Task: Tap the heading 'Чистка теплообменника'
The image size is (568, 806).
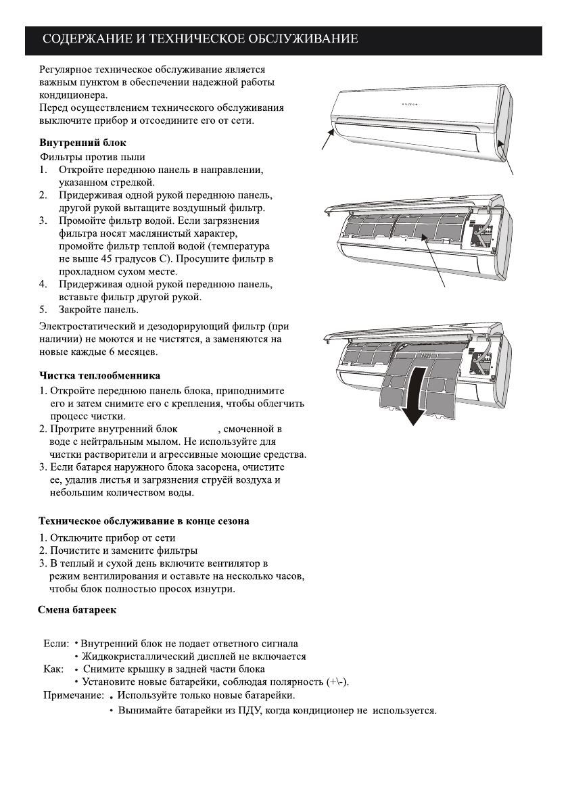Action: [x=98, y=375]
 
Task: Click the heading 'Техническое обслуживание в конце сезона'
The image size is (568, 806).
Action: [x=143, y=521]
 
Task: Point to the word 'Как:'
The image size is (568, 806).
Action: [x=53, y=669]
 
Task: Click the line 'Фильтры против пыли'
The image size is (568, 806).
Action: [x=82, y=156]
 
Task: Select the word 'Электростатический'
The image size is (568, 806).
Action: [x=89, y=327]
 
